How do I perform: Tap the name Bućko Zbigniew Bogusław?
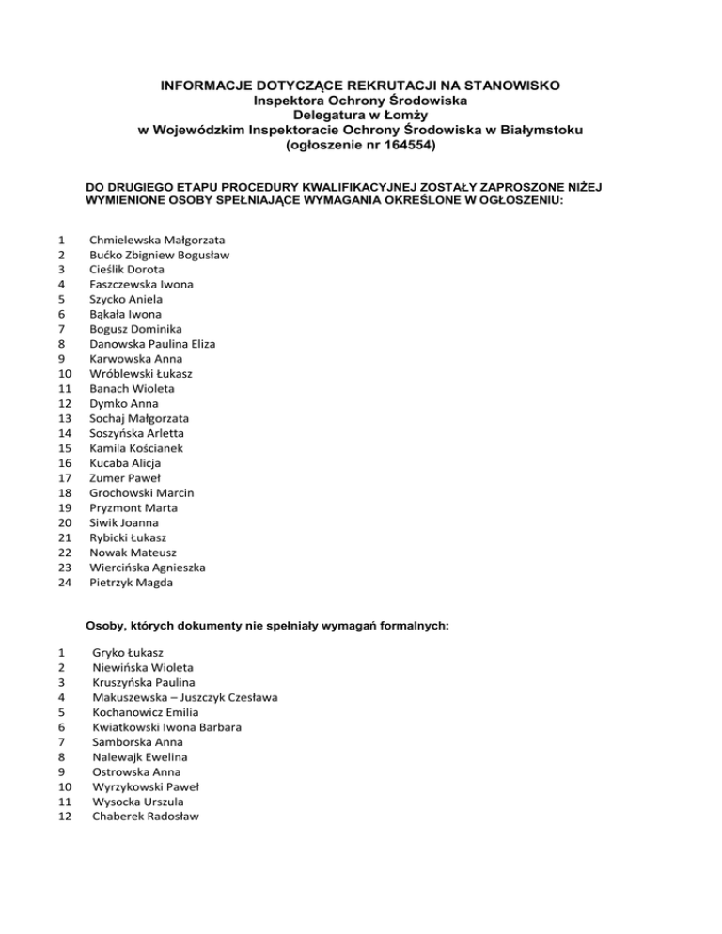(x=159, y=255)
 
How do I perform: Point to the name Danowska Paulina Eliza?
(x=152, y=344)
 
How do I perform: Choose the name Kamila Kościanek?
(x=138, y=448)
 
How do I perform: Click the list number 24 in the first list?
(x=65, y=583)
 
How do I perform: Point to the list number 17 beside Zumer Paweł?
(x=65, y=478)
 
